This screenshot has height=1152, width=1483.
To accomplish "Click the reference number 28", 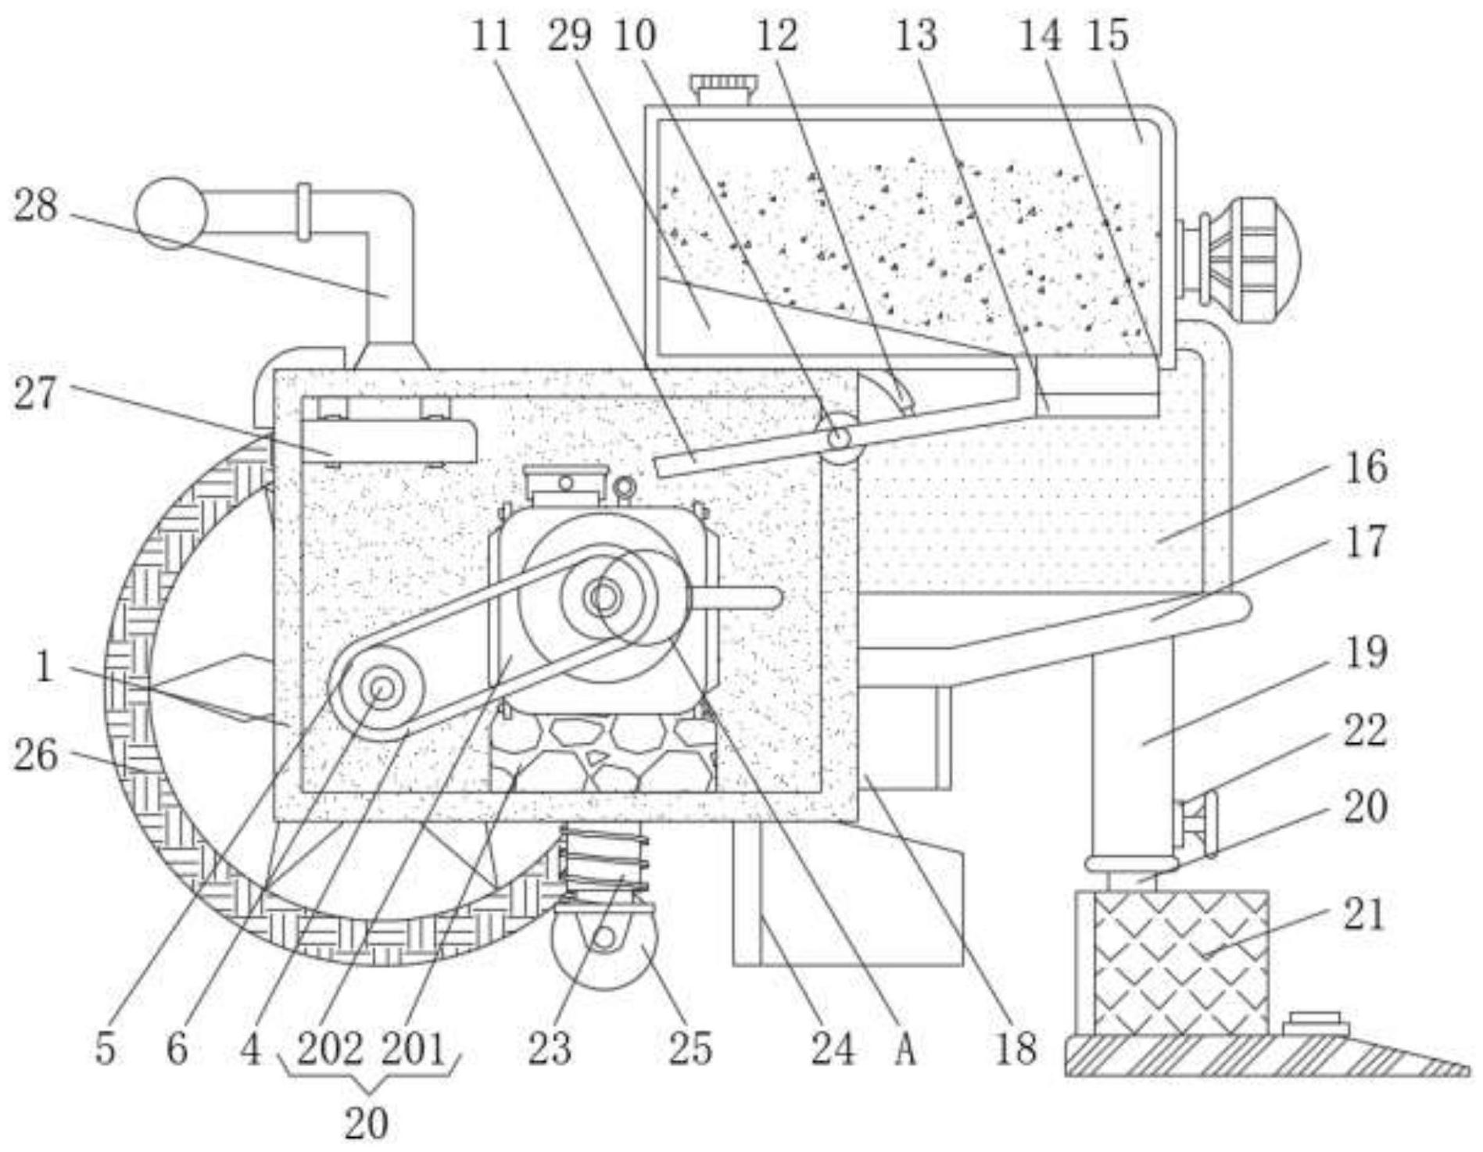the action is pos(36,207).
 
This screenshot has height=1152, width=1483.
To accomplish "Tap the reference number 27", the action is pos(36,393).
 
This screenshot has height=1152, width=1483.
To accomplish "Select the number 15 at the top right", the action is pos(1108,35).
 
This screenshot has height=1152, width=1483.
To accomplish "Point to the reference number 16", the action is pos(1366,467).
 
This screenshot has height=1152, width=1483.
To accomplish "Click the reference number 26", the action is pos(36,756).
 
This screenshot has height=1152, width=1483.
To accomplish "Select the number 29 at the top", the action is pos(569,35).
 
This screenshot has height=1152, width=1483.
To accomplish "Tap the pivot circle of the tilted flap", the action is pos(839,440).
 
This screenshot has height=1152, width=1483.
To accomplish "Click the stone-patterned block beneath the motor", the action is pos(603,753).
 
